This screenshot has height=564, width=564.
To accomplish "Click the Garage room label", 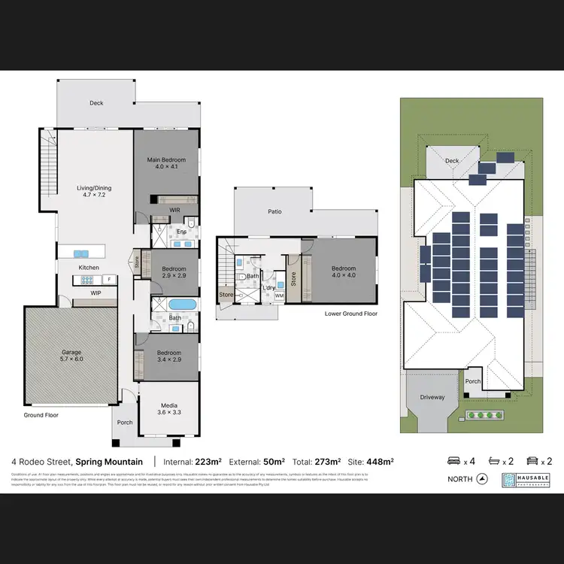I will tap(71, 352).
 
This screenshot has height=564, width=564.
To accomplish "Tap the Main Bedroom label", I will tap(166, 160).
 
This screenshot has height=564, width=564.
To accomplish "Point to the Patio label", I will tap(275, 212).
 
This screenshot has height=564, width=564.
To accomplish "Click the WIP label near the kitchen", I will tap(96, 293).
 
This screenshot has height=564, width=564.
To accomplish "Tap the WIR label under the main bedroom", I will tap(174, 210).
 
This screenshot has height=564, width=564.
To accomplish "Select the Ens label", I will tap(181, 232).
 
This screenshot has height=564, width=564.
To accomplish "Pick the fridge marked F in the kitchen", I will tap(109, 280).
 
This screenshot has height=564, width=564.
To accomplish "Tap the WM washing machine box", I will tap(279, 296).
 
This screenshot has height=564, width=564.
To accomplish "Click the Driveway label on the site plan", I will tap(432, 397).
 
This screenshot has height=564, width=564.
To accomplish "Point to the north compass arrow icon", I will tap(482, 479).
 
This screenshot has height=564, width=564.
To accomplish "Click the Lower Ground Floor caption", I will tap(351, 314).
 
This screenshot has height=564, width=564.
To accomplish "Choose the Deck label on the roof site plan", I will tap(452, 160).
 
